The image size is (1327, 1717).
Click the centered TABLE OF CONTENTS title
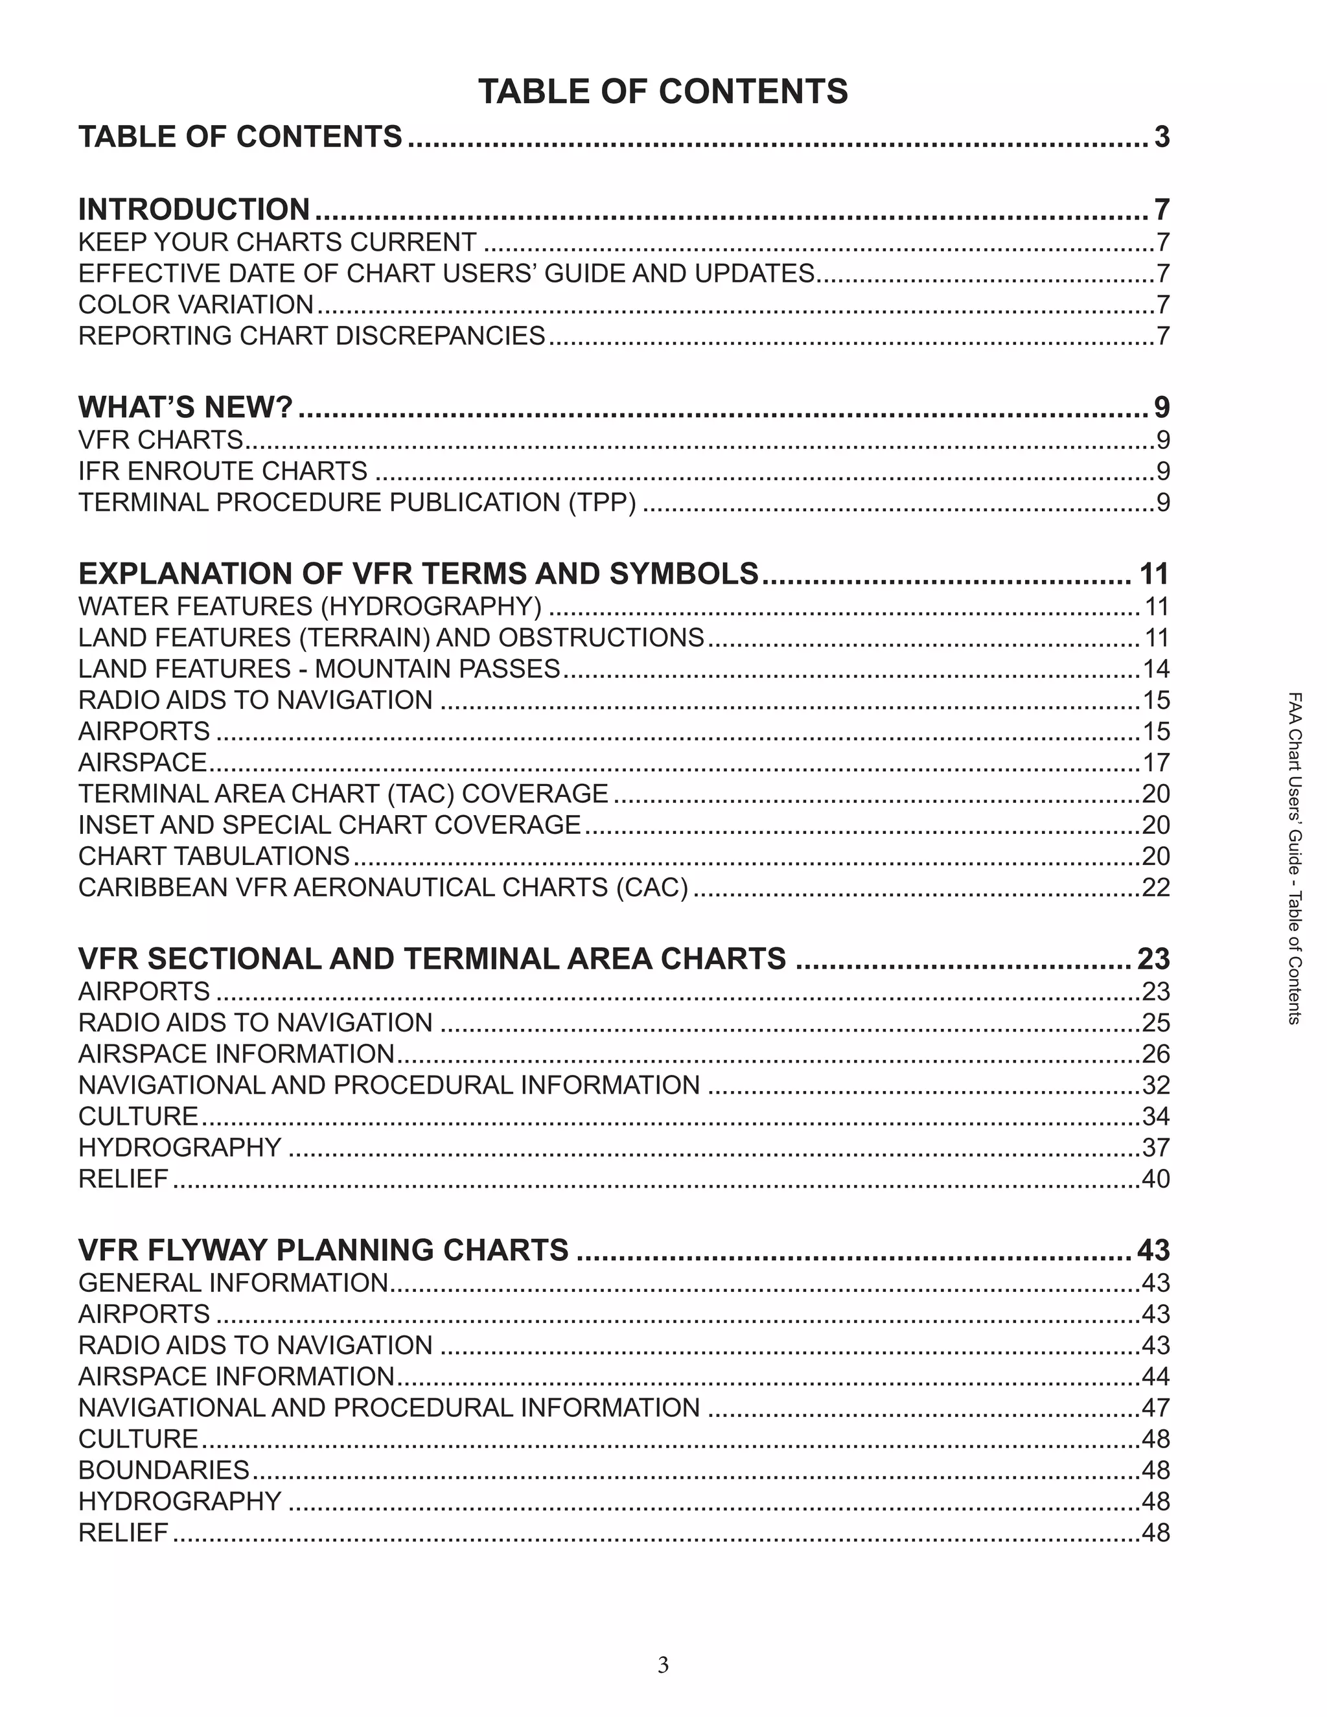click(663, 91)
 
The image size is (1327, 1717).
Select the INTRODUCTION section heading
click(194, 210)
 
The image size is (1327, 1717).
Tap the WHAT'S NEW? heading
click(185, 408)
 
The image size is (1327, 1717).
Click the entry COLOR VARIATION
click(196, 305)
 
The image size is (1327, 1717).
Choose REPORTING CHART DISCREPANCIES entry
click(311, 336)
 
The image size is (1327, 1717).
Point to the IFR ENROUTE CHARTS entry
click(222, 471)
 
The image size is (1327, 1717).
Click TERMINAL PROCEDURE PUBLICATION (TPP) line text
click(357, 502)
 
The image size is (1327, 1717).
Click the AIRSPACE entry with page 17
click(143, 763)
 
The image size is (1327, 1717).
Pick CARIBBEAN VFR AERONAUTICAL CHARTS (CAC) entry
click(383, 888)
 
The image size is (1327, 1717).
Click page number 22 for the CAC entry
click(1155, 888)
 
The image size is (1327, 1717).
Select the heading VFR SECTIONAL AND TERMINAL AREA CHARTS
click(432, 959)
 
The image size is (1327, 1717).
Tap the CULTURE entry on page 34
click(139, 1116)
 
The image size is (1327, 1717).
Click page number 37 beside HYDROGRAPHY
click(1155, 1148)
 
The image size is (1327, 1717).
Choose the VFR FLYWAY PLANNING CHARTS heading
click(323, 1250)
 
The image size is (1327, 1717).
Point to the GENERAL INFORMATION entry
click(233, 1283)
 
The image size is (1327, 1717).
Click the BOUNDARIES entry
click(163, 1470)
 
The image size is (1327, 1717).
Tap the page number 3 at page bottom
click(663, 1665)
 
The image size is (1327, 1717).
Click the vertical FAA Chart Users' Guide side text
click(1294, 857)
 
